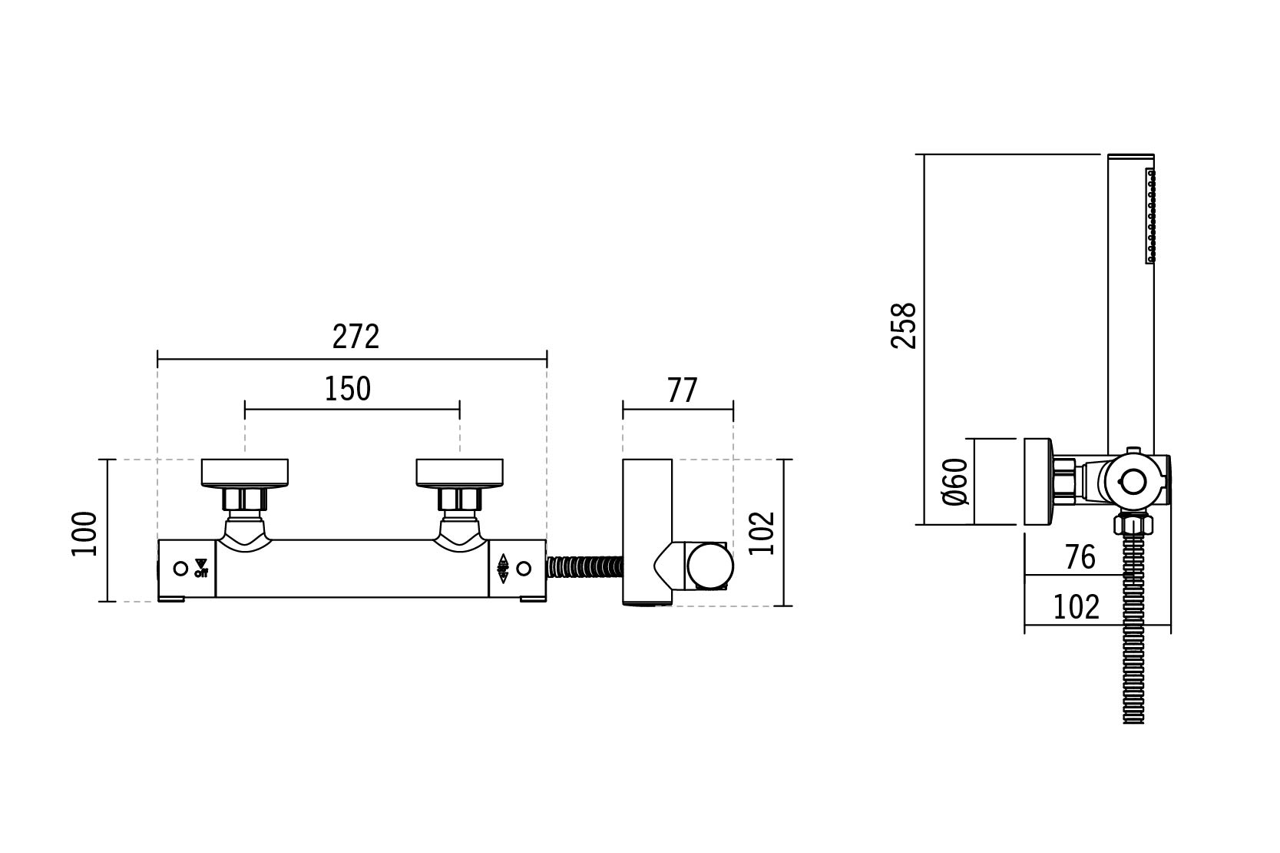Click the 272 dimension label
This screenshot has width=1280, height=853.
coord(356,337)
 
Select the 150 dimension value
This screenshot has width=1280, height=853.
coord(347,389)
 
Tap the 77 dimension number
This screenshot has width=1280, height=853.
coord(683,390)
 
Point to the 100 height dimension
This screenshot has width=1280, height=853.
coord(84,533)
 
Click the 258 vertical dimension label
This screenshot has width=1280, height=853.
coord(904,326)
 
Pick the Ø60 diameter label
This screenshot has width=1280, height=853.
coord(955,482)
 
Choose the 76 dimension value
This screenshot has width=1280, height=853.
coord(1080,557)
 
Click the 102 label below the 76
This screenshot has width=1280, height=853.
coord(1076,607)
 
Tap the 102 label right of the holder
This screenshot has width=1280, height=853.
coord(761,533)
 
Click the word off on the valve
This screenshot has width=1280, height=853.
coord(201,573)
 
